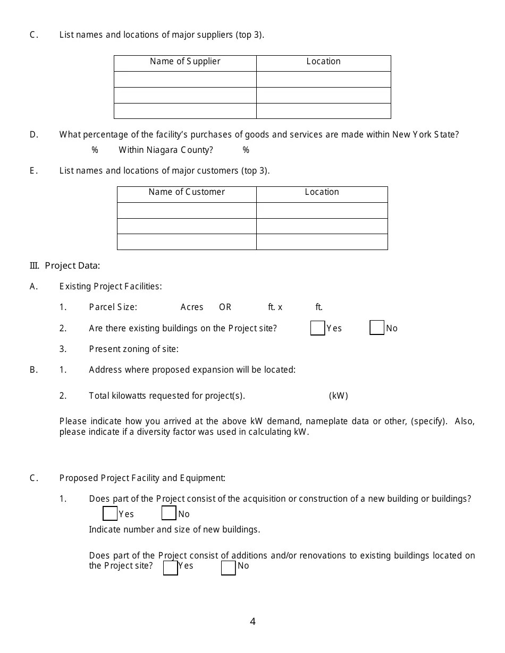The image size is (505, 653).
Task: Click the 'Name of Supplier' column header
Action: (185, 62)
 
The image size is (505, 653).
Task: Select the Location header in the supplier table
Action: (323, 62)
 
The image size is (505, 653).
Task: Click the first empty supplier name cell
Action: (185, 79)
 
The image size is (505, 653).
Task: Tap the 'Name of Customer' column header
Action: (187, 192)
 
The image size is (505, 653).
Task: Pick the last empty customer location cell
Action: (322, 242)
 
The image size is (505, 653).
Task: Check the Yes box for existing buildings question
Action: (317, 328)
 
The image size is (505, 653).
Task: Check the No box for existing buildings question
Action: (377, 328)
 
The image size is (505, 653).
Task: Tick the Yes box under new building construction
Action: (110, 513)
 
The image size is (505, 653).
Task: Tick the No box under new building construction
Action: (169, 513)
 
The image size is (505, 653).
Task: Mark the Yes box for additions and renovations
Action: (170, 568)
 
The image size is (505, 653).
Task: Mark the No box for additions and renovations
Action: (228, 568)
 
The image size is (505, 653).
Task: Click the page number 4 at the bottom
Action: (252, 622)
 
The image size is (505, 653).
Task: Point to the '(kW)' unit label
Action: (338, 396)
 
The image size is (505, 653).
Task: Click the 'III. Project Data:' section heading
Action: (65, 265)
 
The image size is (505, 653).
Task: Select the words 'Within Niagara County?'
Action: (165, 150)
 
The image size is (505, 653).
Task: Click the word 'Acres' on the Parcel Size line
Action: (192, 307)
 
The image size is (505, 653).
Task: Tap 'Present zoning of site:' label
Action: (133, 349)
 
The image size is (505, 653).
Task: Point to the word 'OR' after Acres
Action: (225, 307)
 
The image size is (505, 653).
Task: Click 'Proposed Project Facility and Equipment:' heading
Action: (142, 478)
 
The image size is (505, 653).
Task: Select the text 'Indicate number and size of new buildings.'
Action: (174, 530)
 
